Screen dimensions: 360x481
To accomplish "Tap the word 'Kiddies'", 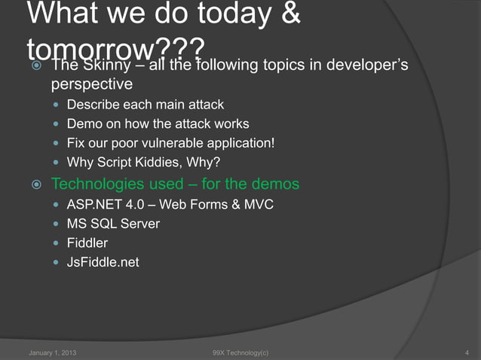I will click(x=162, y=161).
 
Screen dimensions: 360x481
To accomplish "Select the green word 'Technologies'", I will click(x=98, y=184).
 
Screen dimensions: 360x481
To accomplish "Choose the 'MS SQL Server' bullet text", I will click(x=113, y=224).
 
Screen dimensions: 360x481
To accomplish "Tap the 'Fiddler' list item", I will click(x=87, y=243).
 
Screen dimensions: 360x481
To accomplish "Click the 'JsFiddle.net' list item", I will click(x=103, y=263).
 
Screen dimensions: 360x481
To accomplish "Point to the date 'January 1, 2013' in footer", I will click(x=51, y=352).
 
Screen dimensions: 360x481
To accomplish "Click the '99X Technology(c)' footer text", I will click(x=240, y=352).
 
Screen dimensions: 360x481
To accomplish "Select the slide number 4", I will click(x=468, y=352).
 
